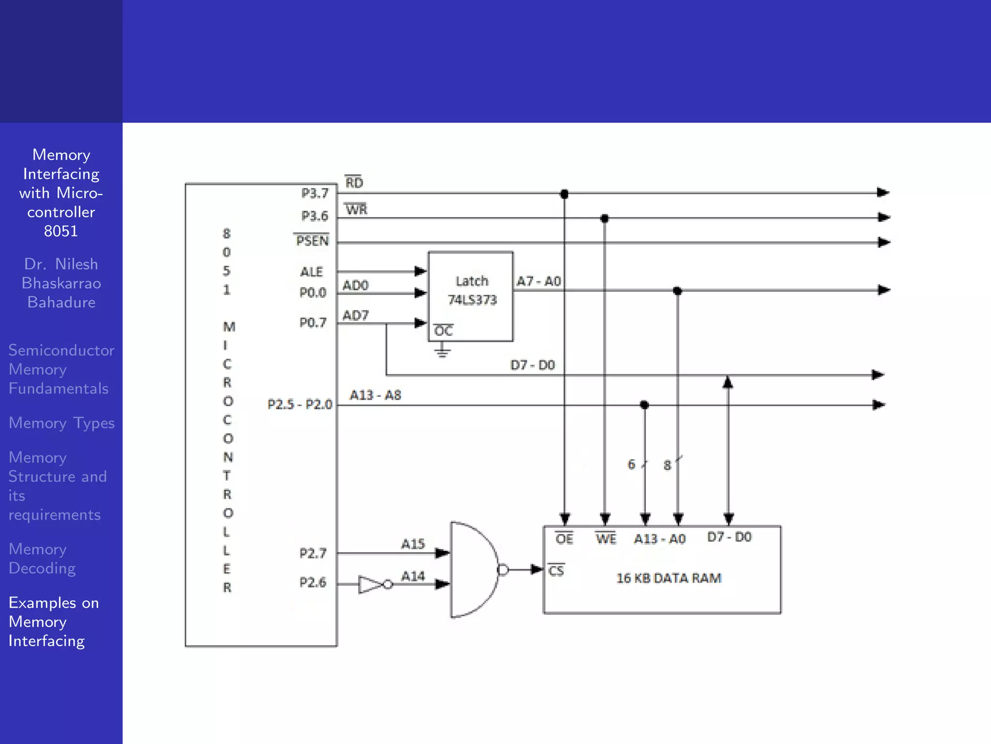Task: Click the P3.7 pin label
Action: point(315,193)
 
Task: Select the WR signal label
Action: point(357,210)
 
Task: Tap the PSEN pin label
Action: point(312,241)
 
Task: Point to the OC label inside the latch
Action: point(443,331)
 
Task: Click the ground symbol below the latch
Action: point(442,351)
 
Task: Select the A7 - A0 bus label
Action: point(539,281)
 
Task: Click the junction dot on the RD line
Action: point(564,194)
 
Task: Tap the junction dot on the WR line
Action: point(604,219)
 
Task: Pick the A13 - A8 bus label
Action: point(375,395)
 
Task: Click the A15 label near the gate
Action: point(413,544)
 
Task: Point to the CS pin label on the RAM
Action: point(556,571)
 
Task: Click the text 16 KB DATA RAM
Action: point(669,578)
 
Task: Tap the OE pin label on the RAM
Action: point(564,539)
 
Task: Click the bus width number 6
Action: point(631,465)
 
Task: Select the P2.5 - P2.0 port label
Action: point(300,404)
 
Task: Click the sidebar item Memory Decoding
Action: point(42,558)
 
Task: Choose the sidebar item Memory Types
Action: point(61,423)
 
